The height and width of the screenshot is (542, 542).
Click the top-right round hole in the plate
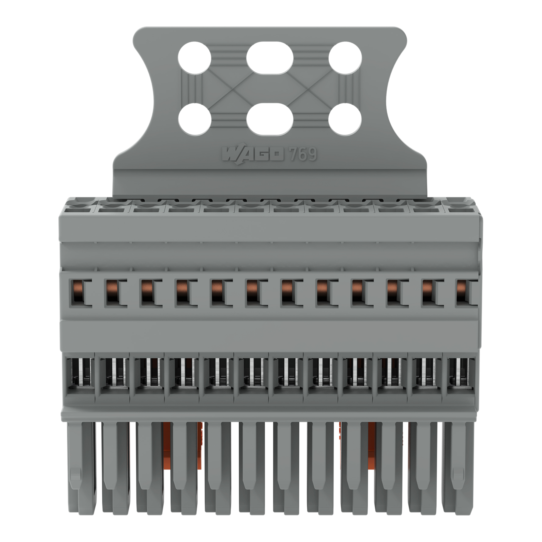[345, 58]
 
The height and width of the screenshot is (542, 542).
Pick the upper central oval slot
[270, 58]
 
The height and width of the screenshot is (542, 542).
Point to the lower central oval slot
[270, 119]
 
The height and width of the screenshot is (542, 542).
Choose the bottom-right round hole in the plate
[345, 119]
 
